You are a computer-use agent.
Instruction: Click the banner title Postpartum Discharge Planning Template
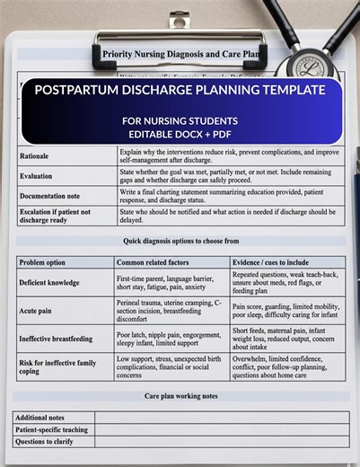tap(180, 91)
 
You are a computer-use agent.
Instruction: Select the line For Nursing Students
tap(180, 120)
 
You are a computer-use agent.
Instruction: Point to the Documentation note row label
tap(51, 195)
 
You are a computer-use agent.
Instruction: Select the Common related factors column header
tap(154, 261)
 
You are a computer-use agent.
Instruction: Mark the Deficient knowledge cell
tap(53, 283)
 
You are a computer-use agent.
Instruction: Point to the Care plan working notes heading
tap(180, 396)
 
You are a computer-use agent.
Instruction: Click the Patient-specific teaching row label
tap(52, 429)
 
